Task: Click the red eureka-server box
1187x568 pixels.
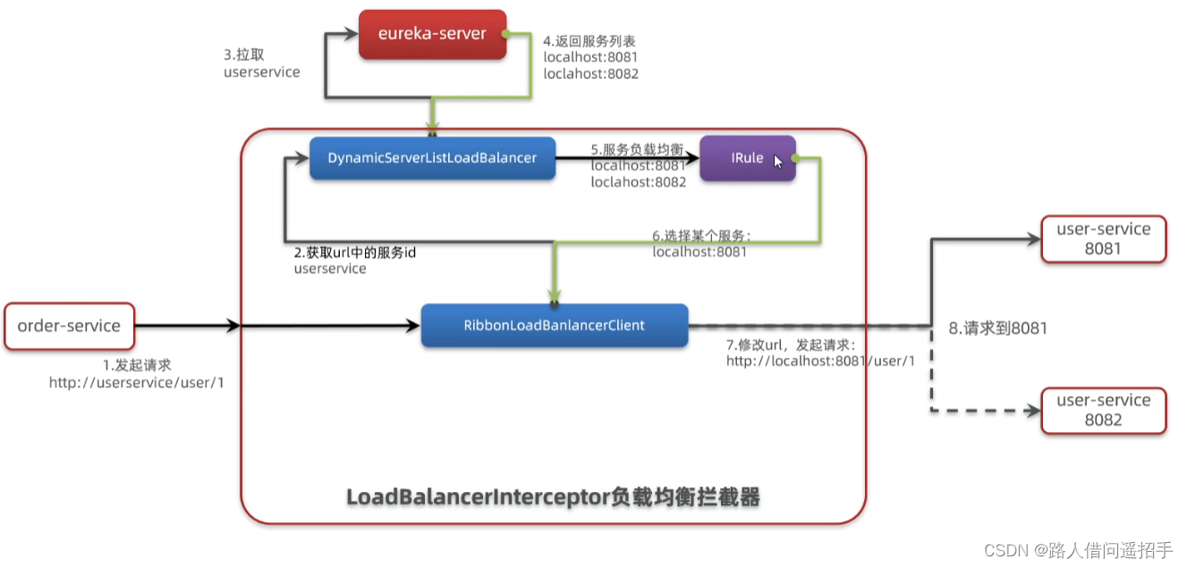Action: pyautogui.click(x=432, y=34)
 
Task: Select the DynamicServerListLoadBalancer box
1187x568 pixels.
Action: pyautogui.click(x=432, y=158)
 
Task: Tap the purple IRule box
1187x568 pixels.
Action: pyautogui.click(x=747, y=158)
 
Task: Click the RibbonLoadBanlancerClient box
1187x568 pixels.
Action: pyautogui.click(x=554, y=326)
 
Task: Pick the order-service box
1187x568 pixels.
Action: pyautogui.click(x=69, y=326)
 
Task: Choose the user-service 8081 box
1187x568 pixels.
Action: pyautogui.click(x=1103, y=239)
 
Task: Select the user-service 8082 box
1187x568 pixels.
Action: pyautogui.click(x=1103, y=411)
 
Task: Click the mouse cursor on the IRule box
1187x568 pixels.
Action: pyautogui.click(x=778, y=162)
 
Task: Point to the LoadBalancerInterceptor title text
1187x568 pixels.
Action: pyautogui.click(x=553, y=497)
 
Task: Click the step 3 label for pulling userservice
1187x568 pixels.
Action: pyautogui.click(x=261, y=63)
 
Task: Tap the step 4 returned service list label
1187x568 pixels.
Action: pyautogui.click(x=590, y=57)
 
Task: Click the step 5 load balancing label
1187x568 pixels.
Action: pyautogui.click(x=638, y=165)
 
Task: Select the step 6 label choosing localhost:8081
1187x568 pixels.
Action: pyautogui.click(x=701, y=243)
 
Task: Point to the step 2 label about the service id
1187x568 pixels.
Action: pyautogui.click(x=354, y=260)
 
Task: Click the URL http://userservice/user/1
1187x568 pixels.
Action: pyautogui.click(x=135, y=383)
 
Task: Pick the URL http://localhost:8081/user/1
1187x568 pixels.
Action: pyautogui.click(x=820, y=360)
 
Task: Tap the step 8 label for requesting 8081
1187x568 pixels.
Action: pyautogui.click(x=997, y=328)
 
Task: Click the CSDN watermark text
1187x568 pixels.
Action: pyautogui.click(x=1077, y=549)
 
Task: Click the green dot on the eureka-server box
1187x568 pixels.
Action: pyautogui.click(x=504, y=34)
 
